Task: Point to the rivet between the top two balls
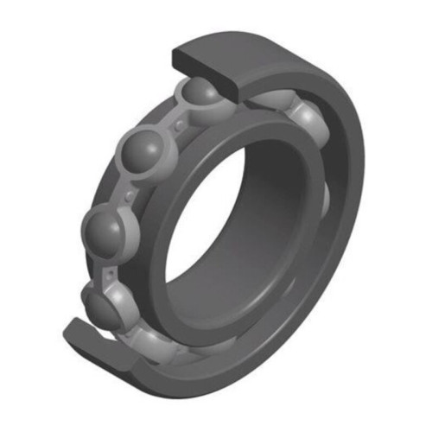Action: (x=178, y=126)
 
